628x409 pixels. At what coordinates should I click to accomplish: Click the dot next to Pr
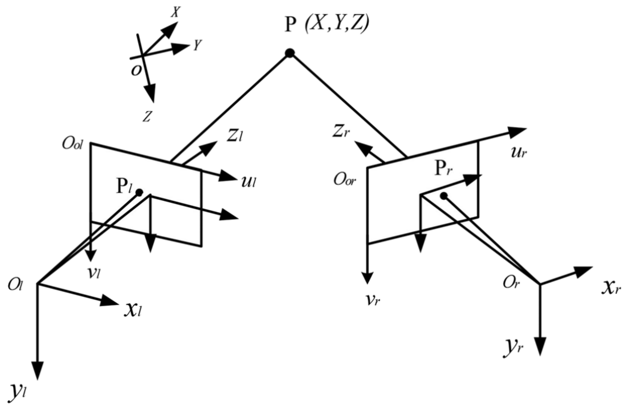click(444, 196)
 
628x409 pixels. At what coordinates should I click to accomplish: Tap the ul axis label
click(248, 182)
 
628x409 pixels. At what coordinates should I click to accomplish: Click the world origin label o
click(136, 71)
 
